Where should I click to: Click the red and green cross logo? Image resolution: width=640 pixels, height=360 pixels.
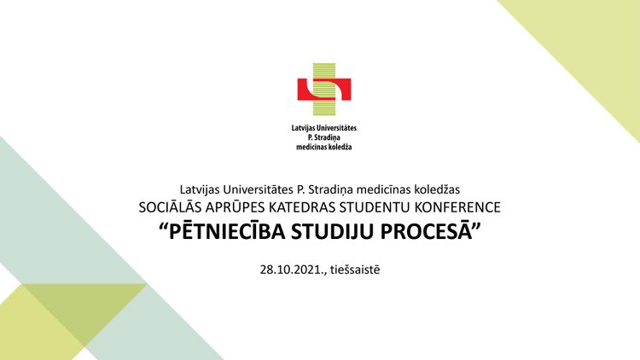pos(324,90)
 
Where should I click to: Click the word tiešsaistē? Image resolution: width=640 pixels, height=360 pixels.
pos(355,270)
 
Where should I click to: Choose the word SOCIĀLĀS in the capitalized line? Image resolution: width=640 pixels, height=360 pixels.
pos(170,207)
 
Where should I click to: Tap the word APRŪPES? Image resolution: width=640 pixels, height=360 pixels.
pos(236,207)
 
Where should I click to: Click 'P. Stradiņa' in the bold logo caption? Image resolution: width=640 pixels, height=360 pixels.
pos(324,137)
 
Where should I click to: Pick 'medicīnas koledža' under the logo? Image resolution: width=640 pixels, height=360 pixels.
pos(324,147)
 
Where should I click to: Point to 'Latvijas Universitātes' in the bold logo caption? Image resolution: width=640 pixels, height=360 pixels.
pos(324,128)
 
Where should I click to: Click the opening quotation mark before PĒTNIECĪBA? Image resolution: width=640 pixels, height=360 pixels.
pos(164,227)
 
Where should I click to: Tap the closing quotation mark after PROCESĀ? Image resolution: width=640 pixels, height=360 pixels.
pos(476,227)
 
